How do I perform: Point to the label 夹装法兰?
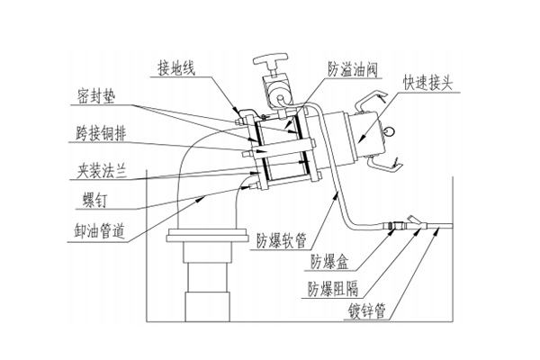(x=100, y=169)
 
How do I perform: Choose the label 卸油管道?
(x=98, y=227)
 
